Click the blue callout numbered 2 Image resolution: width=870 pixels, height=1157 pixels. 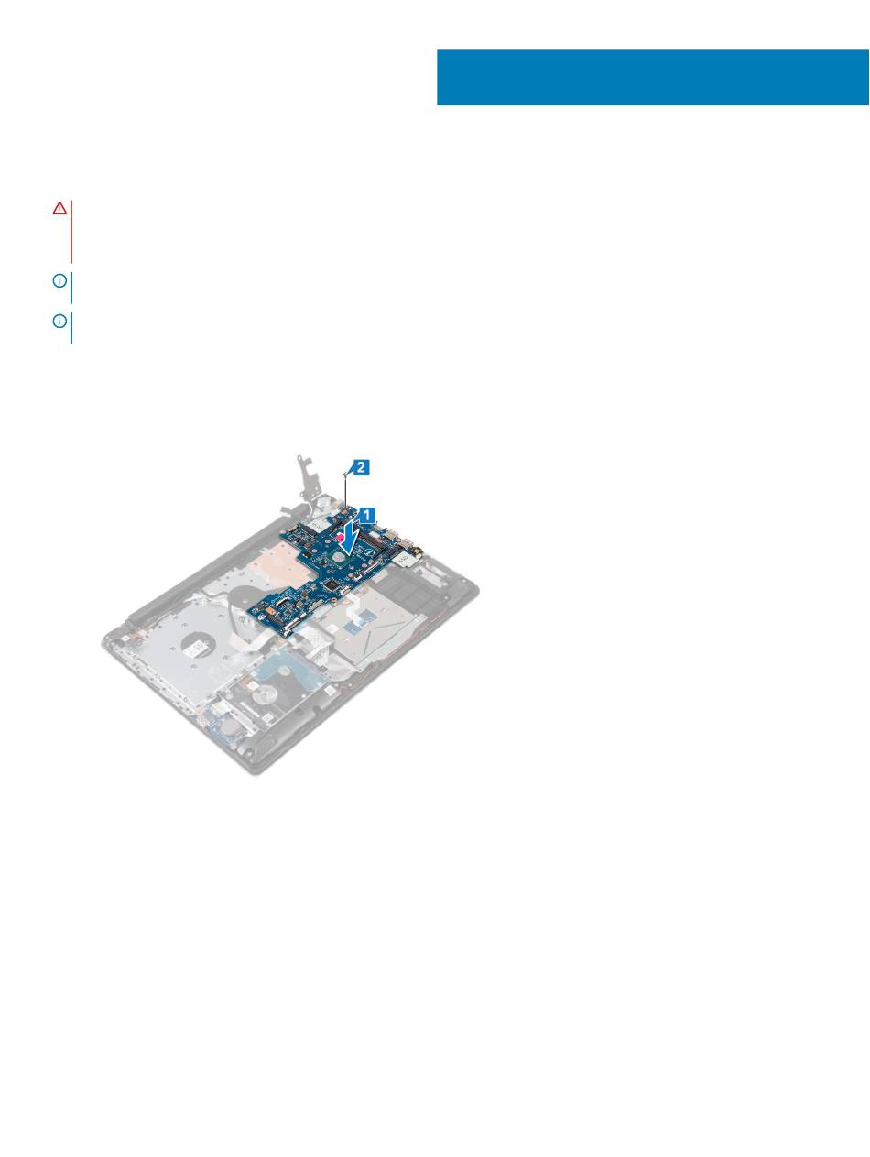(x=362, y=467)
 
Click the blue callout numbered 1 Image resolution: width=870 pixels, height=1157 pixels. (x=368, y=515)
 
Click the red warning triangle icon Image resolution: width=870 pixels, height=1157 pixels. (x=60, y=209)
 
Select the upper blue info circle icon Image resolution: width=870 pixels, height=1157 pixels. (x=60, y=280)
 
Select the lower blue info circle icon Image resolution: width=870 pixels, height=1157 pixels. (x=60, y=321)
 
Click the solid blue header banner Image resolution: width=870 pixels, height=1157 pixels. (x=652, y=78)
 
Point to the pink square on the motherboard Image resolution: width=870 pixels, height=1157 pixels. (x=341, y=537)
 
